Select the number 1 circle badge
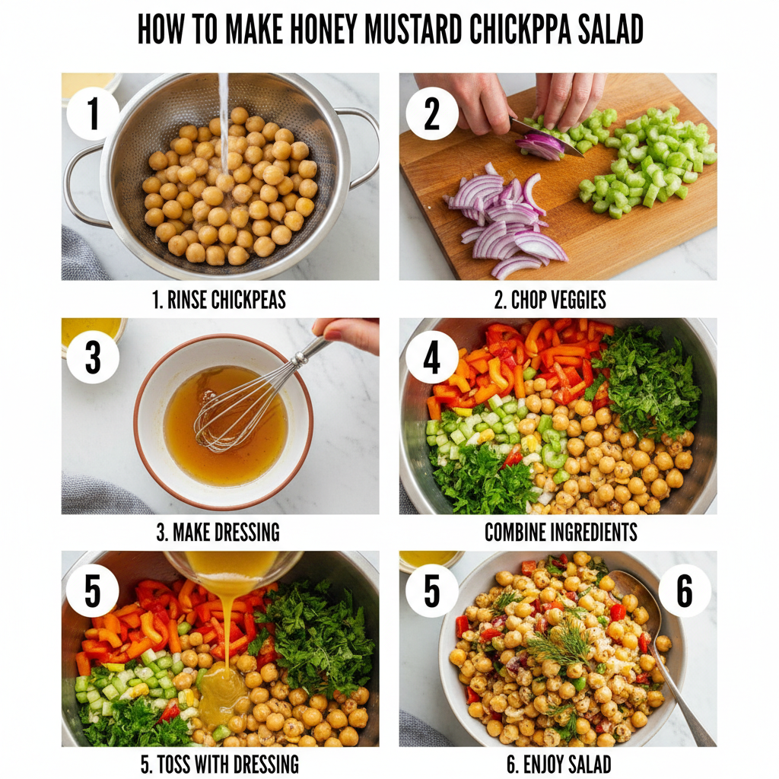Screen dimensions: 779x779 (x=93, y=113)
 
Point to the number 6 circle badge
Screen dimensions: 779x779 (x=685, y=591)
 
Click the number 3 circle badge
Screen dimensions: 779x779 (x=93, y=356)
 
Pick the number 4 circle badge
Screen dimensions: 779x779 (x=431, y=356)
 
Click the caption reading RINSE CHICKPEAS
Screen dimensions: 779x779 (x=219, y=300)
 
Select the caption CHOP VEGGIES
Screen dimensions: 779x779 (x=550, y=300)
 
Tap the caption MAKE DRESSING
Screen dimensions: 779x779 (x=218, y=532)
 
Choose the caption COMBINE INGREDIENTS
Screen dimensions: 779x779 (x=561, y=532)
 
